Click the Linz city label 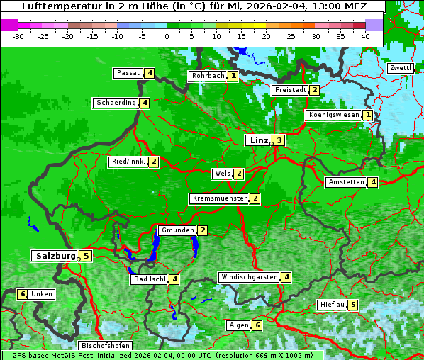(x=258, y=140)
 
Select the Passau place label (x=128, y=73)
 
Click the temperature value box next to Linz (x=279, y=140)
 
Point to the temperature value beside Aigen (x=257, y=325)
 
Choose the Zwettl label (x=400, y=68)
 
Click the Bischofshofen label (x=105, y=346)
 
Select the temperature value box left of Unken (x=22, y=294)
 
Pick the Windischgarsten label (x=248, y=277)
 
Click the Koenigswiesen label (x=333, y=115)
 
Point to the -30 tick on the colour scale (x=18, y=36)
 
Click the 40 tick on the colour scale (x=365, y=36)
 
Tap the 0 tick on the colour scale (x=167, y=36)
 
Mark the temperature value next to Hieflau (x=352, y=305)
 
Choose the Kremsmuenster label (x=218, y=198)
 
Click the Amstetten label (x=345, y=182)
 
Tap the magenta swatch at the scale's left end (x=10, y=24)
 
